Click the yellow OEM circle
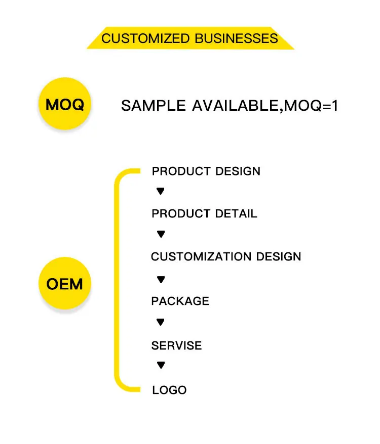pyautogui.click(x=64, y=284)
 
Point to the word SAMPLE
pyautogui.click(x=154, y=106)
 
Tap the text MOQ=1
pyautogui.click(x=310, y=106)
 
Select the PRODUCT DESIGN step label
pyautogui.click(x=206, y=171)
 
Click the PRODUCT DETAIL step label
pyautogui.click(x=204, y=214)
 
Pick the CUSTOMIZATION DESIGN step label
pyautogui.click(x=226, y=257)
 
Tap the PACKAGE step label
pyautogui.click(x=180, y=301)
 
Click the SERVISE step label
pyautogui.click(x=176, y=346)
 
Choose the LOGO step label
pyautogui.click(x=169, y=390)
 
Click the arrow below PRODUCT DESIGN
pyautogui.click(x=161, y=191)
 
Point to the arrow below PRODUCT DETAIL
pyautogui.click(x=161, y=234)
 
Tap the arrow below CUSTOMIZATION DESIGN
pyautogui.click(x=161, y=279)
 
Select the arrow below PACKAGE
pyautogui.click(x=161, y=322)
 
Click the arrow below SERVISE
pyautogui.click(x=161, y=365)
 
